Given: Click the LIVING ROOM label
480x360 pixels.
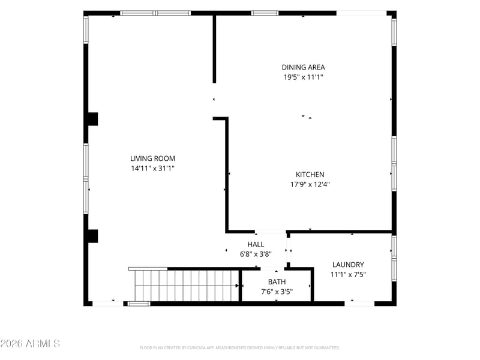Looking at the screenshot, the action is pyautogui.click(x=152, y=158).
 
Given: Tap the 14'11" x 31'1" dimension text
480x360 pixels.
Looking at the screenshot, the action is pyautogui.click(x=152, y=168).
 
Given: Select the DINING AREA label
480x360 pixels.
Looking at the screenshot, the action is pyautogui.click(x=303, y=67).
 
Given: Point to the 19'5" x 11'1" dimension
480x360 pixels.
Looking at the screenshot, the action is pyautogui.click(x=303, y=77).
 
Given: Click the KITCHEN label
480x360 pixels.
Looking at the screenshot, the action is pyautogui.click(x=310, y=175).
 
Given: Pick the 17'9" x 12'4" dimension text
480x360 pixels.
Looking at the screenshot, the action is pyautogui.click(x=310, y=184).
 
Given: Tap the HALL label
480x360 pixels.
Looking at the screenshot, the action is pyautogui.click(x=256, y=244).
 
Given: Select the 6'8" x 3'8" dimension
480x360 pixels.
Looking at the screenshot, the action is pyautogui.click(x=256, y=254).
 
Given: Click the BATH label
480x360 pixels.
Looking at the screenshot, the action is pyautogui.click(x=277, y=281).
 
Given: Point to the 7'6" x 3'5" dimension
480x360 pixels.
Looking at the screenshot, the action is pyautogui.click(x=277, y=292).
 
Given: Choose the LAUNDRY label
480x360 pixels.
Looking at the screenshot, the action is pyautogui.click(x=348, y=265).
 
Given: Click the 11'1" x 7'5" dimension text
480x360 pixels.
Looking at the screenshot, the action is pyautogui.click(x=348, y=274).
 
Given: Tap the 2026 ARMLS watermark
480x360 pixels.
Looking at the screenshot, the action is pyautogui.click(x=30, y=343).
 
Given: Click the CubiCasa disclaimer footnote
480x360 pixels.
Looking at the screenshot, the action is pyautogui.click(x=239, y=348).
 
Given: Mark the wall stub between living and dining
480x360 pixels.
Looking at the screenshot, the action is pyautogui.click(x=214, y=49).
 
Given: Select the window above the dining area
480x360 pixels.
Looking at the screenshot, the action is pyautogui.click(x=265, y=13).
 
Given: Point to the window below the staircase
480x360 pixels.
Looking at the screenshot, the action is pyautogui.click(x=139, y=304).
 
